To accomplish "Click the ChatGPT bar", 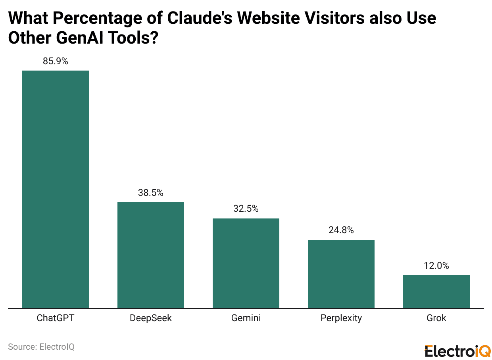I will (x=56, y=189).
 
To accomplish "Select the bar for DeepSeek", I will (x=151, y=255).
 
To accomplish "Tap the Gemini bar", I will (x=246, y=263).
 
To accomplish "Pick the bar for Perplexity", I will (x=341, y=274).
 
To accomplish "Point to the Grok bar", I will (x=436, y=291).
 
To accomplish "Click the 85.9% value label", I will (x=56, y=61).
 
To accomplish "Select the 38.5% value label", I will (x=151, y=193).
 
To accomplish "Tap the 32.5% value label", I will (x=246, y=209).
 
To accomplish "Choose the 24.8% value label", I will (x=341, y=230).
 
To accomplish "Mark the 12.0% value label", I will (x=436, y=266).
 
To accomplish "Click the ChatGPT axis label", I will (x=56, y=318).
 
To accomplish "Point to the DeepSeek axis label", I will (x=151, y=318).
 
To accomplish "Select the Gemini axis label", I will (x=246, y=318).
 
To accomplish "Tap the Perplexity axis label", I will (x=341, y=318).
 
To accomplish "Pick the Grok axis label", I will (x=436, y=318).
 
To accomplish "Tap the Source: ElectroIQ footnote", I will (x=41, y=347).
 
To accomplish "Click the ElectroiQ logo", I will (x=457, y=351).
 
